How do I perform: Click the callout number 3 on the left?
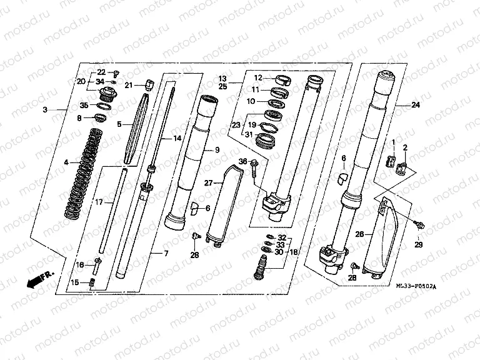click(x=45, y=110)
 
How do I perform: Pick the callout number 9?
click(x=217, y=150)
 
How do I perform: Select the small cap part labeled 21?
click(x=149, y=83)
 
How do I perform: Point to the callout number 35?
click(x=84, y=106)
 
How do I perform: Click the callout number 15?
click(x=75, y=282)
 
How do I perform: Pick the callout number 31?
click(x=249, y=136)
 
